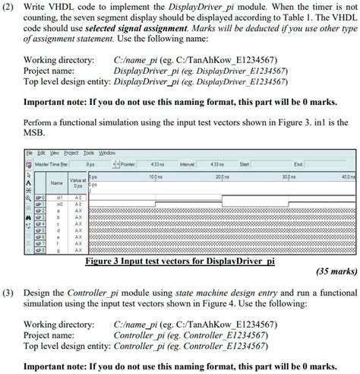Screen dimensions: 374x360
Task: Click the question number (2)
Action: point(8,7)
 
